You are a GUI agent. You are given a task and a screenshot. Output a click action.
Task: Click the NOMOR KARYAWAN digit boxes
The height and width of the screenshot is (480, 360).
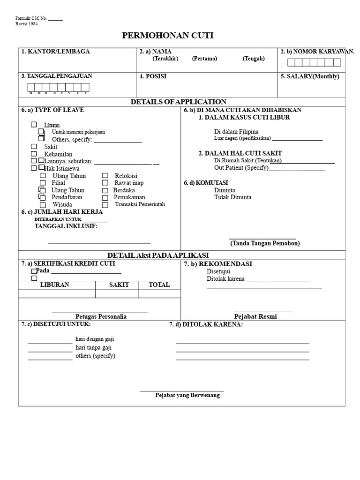pos(314,62)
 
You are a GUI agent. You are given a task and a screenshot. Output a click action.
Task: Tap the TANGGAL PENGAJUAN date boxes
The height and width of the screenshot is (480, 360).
pos(58,87)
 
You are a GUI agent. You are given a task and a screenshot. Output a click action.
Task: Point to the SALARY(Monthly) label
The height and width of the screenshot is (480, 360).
pos(310,76)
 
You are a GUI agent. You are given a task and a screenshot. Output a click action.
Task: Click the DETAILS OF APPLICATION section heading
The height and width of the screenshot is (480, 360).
pos(178,102)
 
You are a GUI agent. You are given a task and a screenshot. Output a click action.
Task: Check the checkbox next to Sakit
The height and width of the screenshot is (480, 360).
pos(34,146)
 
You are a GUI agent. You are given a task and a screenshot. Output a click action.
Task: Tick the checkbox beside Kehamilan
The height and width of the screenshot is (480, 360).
pos(34,154)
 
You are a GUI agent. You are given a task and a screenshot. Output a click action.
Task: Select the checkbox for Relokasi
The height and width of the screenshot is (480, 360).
pos(105,175)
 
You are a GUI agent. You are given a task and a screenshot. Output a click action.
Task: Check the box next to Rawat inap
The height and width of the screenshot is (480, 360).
pos(105,183)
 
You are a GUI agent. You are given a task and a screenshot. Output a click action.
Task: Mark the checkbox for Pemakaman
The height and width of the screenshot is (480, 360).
pos(105,197)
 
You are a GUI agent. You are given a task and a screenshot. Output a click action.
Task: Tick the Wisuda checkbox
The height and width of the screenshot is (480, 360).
pos(43,205)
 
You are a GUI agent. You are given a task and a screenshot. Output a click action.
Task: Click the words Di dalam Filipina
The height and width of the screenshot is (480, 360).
pos(236,132)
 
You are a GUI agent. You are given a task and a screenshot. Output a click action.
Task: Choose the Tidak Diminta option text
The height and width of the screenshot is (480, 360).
pos(232,197)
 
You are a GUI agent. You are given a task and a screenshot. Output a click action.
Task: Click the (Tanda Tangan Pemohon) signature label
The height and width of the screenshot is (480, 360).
pos(265,243)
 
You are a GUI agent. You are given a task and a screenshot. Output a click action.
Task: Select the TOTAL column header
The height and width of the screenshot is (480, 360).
pos(159,285)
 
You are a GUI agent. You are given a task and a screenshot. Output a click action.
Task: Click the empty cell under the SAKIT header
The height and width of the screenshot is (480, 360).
pos(117,294)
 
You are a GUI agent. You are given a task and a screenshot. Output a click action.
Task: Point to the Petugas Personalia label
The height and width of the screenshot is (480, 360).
pos(101,317)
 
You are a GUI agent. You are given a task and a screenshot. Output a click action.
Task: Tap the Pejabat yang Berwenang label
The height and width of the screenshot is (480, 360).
pos(187,395)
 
